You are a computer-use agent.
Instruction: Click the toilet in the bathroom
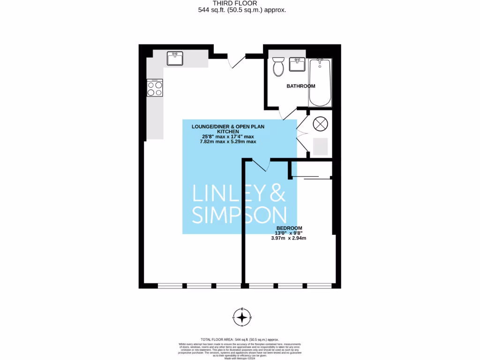click(x=278, y=67)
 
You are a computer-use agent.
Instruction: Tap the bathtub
click(x=320, y=82)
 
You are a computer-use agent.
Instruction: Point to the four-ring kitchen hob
click(x=155, y=89)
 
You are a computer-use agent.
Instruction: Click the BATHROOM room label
click(x=300, y=86)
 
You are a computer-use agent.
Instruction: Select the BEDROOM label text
click(x=289, y=228)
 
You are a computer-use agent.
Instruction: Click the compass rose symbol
click(x=242, y=317)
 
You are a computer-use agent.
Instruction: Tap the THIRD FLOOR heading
click(x=241, y=3)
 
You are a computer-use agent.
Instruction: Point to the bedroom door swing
click(x=261, y=165)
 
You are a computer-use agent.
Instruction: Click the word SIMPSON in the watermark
click(x=240, y=214)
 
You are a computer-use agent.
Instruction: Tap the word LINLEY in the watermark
click(x=229, y=193)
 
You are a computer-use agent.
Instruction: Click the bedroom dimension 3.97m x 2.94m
click(x=288, y=238)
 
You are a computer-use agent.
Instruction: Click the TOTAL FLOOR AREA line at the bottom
click(x=240, y=339)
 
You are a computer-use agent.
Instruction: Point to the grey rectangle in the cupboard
click(x=320, y=147)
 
